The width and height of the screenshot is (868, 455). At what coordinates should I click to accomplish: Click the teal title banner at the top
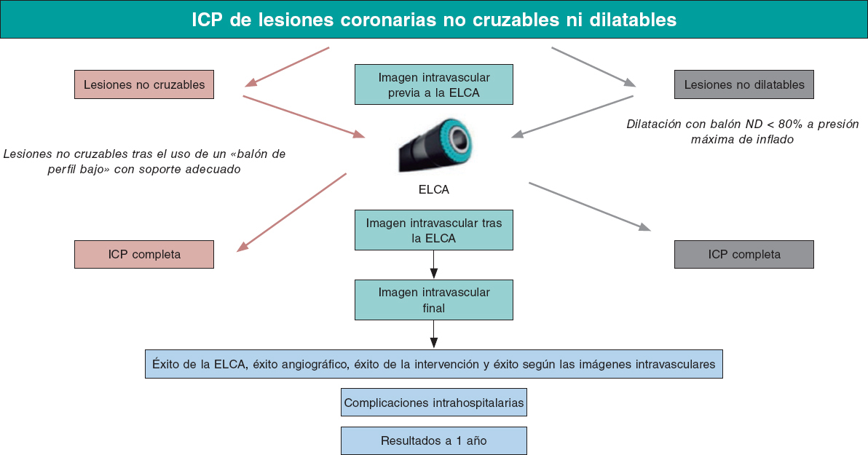coord(434,20)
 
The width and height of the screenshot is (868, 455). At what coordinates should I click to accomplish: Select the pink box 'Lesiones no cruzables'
coord(144,84)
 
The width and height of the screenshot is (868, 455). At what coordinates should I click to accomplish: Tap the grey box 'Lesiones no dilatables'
coord(744,84)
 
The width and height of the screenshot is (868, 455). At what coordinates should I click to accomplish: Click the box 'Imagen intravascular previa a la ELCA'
coord(434,84)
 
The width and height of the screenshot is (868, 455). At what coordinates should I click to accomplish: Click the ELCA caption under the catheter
coord(434,190)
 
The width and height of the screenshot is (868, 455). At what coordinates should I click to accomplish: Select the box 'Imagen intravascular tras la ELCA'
coord(434,230)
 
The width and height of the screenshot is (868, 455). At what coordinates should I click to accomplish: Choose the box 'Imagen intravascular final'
coord(434,300)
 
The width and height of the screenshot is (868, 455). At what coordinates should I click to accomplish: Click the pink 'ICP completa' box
coord(144,254)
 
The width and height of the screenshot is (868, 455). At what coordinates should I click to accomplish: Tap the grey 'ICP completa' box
coord(744,254)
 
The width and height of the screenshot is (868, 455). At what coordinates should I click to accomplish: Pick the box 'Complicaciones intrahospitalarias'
coord(434,403)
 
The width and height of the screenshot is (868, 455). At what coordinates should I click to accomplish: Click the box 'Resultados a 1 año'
coord(434,440)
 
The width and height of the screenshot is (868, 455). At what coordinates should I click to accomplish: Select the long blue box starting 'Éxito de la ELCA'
coord(434,363)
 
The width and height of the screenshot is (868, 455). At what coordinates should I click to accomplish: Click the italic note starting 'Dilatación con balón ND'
coord(743,131)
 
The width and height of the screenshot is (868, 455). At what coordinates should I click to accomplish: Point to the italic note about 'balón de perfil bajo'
coord(144,162)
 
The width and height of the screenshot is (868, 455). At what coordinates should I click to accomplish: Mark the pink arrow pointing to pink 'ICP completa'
coord(291,212)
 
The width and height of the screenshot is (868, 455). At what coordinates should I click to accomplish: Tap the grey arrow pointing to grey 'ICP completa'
coord(590,207)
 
